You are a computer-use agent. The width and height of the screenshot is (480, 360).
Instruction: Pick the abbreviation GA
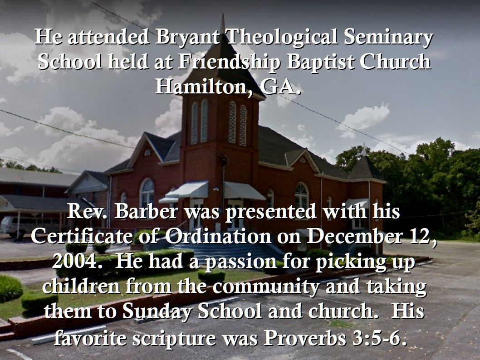click(x=281, y=87)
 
